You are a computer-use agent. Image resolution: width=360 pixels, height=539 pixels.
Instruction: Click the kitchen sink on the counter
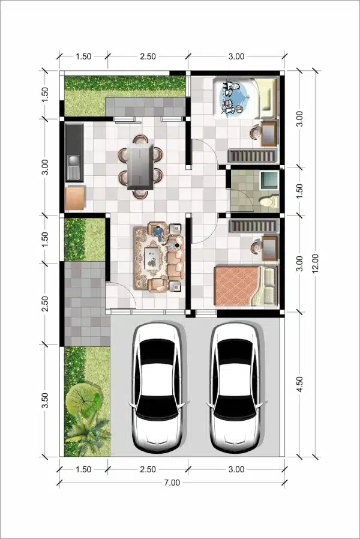pyautogui.click(x=74, y=160)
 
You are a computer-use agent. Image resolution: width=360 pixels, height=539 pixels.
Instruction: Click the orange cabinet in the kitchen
pyautogui.click(x=74, y=198)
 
